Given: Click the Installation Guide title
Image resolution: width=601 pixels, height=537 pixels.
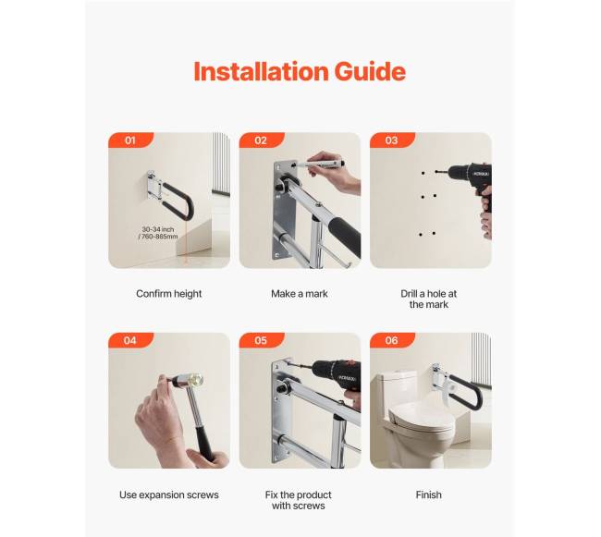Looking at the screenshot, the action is [x=300, y=71].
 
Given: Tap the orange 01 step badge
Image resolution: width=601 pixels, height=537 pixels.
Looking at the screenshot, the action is [x=130, y=140].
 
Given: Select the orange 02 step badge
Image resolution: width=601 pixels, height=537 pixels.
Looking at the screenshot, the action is [x=262, y=140].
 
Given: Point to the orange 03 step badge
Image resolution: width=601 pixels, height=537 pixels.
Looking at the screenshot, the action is [x=392, y=140].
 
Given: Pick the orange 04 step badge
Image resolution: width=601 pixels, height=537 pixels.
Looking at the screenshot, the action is [x=130, y=340].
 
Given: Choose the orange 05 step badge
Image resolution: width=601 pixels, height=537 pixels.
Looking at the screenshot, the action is [x=262, y=340].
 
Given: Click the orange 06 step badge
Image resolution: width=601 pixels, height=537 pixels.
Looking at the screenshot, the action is [x=392, y=340].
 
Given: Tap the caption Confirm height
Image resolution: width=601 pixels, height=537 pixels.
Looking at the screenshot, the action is [x=168, y=294].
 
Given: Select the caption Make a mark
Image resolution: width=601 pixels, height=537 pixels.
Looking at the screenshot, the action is [x=300, y=294].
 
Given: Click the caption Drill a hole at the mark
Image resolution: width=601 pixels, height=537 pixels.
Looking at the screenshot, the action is [x=428, y=299].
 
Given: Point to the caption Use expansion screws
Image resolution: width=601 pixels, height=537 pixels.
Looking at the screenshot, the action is [x=168, y=494].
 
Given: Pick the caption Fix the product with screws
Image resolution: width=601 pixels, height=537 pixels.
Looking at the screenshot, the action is [x=299, y=500].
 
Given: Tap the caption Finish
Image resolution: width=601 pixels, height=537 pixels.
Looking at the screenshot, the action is [x=428, y=494].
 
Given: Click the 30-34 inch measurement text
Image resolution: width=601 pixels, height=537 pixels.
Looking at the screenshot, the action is [x=158, y=233].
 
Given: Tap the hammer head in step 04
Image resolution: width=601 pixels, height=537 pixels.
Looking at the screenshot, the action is [x=189, y=381].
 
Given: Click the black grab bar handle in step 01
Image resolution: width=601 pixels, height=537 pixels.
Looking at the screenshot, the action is [x=179, y=201].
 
